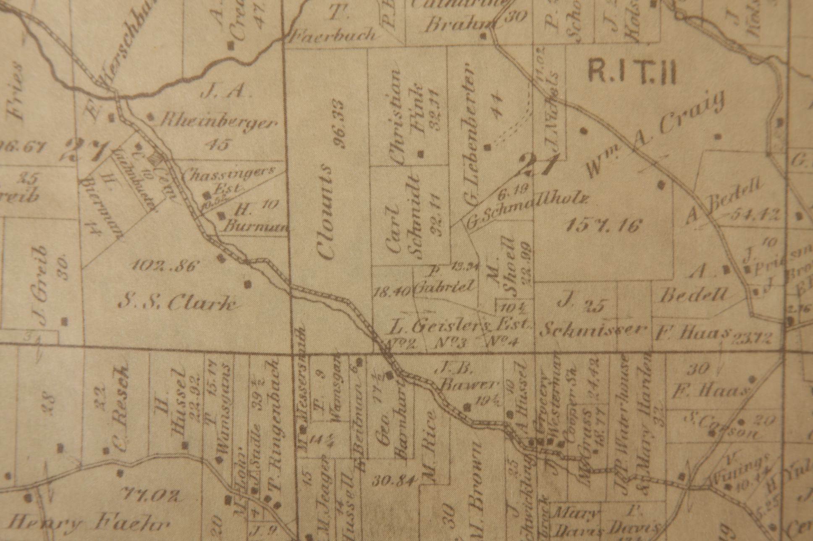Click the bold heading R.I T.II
(x=632, y=72)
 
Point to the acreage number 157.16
(x=604, y=226)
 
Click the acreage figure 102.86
(x=164, y=266)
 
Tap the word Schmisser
(x=593, y=330)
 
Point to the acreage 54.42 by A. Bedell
(x=755, y=214)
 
